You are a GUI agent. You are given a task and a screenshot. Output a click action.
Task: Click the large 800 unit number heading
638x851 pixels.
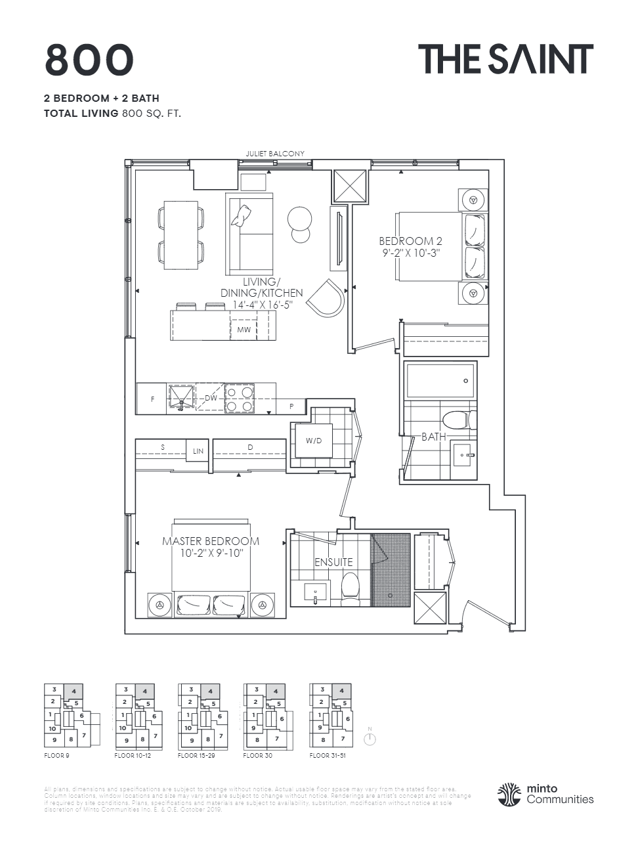89,60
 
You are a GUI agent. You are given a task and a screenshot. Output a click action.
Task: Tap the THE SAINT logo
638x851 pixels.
505,59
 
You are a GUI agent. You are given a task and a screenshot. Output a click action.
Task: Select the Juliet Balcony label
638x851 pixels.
275,154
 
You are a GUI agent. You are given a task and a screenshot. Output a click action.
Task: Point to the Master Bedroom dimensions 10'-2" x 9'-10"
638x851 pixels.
211,554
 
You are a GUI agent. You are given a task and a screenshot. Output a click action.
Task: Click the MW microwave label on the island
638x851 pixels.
244,330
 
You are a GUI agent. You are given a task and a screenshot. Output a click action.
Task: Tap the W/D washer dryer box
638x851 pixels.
314,440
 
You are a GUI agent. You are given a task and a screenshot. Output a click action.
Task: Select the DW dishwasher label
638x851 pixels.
211,398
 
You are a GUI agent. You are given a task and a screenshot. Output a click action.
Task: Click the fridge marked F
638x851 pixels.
153,399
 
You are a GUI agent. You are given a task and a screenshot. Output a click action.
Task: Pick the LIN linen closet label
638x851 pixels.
198,451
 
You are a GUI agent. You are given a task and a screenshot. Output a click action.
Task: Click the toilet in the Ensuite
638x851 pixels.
351,586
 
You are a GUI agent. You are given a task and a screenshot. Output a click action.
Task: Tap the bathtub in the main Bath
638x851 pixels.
439,380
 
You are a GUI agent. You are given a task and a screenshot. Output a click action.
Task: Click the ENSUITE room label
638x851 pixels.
333,562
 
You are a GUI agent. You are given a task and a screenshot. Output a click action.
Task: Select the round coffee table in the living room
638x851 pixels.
301,219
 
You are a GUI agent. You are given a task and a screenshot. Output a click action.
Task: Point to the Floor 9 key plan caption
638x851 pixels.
56,756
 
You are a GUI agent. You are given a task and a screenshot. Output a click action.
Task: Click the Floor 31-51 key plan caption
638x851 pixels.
328,756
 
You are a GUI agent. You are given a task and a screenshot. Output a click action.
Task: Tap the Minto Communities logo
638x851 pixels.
546,794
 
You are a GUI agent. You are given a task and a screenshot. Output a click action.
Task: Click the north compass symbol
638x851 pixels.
370,739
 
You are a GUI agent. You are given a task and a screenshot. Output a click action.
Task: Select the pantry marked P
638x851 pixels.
291,406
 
